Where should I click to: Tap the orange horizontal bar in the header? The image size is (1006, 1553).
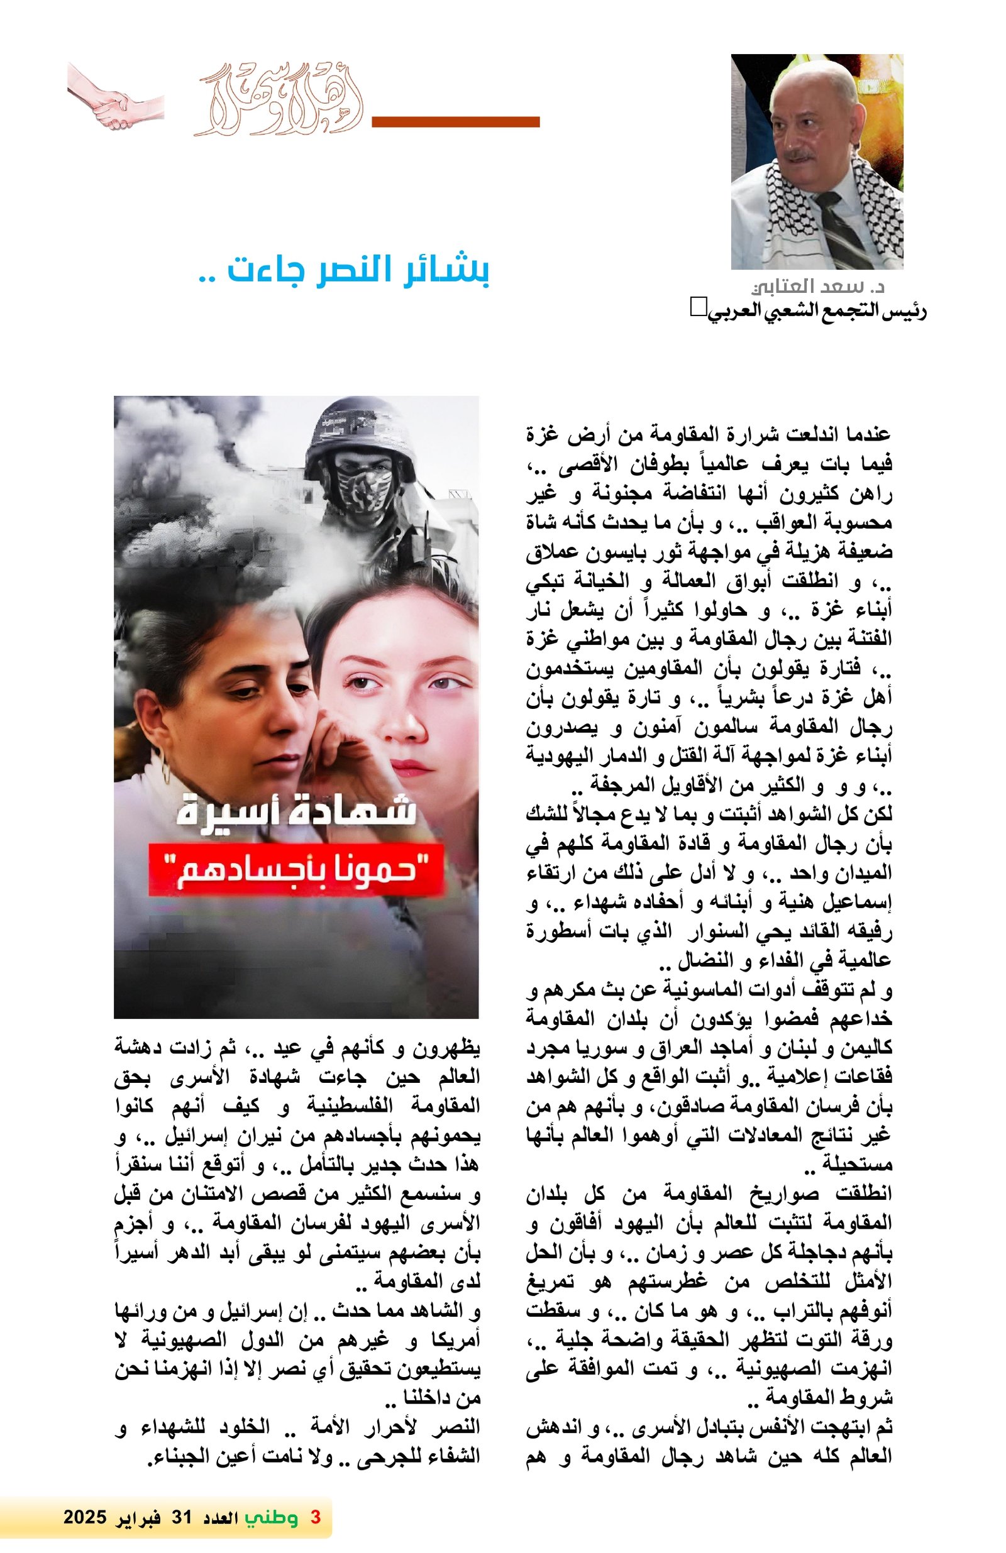pyautogui.click(x=455, y=122)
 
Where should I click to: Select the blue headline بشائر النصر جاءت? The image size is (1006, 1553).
pyautogui.click(x=343, y=270)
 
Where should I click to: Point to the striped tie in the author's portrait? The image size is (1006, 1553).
pyautogui.click(x=842, y=228)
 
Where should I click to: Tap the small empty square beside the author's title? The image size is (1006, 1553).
pyautogui.click(x=698, y=307)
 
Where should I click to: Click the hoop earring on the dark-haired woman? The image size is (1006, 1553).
pyautogui.click(x=165, y=770)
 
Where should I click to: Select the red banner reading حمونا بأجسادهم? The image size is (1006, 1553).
pyautogui.click(x=296, y=870)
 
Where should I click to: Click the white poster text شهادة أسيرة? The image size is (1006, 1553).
pyautogui.click(x=296, y=813)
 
